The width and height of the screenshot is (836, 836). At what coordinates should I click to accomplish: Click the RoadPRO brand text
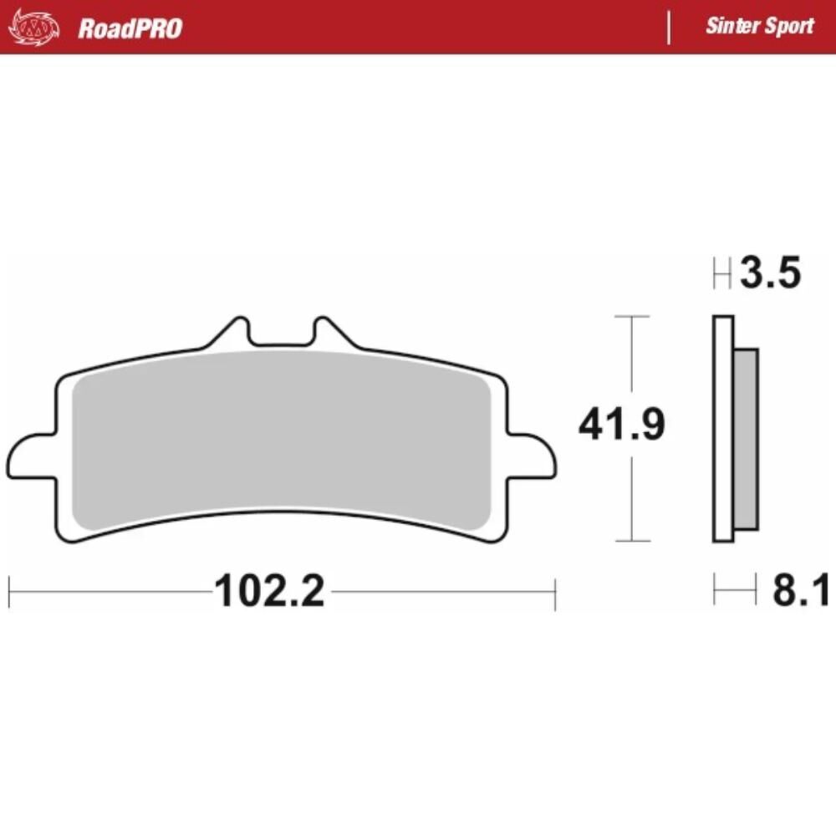(130, 28)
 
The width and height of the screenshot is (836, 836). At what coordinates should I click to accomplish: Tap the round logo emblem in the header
(34, 28)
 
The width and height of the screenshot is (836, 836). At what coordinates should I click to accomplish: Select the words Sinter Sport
(759, 26)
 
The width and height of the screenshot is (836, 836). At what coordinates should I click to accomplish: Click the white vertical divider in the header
(668, 28)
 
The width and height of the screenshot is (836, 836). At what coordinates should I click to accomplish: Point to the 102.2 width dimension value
(269, 592)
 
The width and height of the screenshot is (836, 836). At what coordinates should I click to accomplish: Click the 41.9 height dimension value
(621, 426)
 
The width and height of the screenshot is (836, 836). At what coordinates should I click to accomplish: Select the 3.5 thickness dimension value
(770, 273)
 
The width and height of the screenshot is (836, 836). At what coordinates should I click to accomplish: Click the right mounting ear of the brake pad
(533, 456)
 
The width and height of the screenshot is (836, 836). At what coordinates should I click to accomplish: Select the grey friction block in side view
(746, 439)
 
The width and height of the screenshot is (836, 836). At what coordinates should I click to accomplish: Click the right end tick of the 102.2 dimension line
(554, 593)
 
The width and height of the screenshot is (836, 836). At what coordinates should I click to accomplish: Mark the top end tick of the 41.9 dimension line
(631, 317)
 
